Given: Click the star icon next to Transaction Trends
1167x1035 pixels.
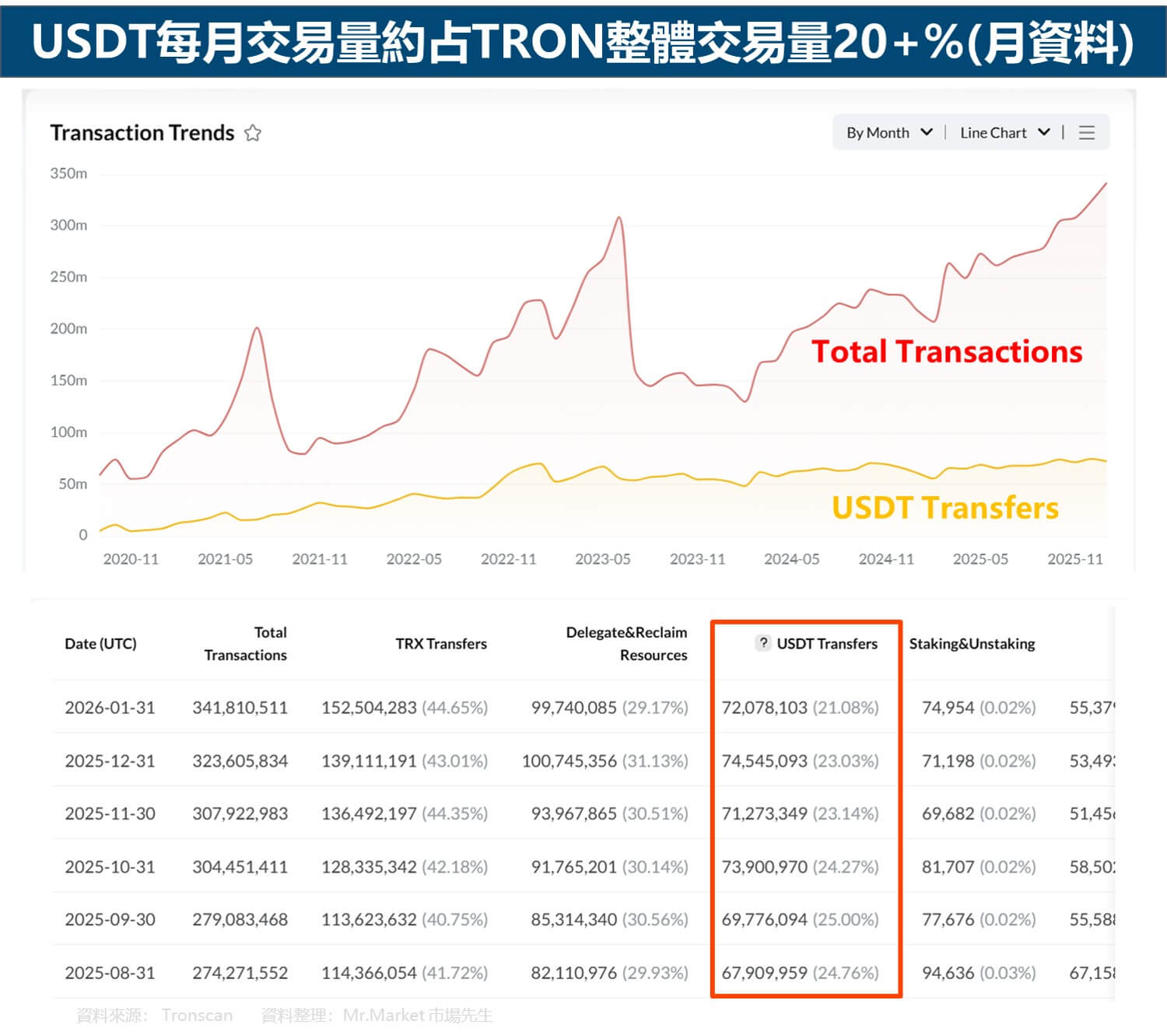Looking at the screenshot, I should coord(253,133).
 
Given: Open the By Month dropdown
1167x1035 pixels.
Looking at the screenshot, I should coord(888,133).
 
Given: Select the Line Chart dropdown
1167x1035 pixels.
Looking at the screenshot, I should coord(1004,133).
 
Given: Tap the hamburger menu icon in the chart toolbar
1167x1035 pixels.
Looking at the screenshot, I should coord(1087,133).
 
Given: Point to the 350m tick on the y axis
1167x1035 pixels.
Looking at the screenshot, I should coord(68,173).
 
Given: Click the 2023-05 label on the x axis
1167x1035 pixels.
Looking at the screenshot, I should coord(602,559).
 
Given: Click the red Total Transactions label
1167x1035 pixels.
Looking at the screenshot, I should coord(946,351).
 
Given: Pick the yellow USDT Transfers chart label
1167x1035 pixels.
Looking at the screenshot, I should coord(944,508).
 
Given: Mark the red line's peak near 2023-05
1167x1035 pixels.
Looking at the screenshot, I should coord(619,219).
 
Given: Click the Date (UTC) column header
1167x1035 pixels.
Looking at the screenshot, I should coord(100,644).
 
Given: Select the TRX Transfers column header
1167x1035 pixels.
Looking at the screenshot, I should coord(440,644).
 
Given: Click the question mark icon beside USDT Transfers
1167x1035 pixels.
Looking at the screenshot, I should coord(764,643).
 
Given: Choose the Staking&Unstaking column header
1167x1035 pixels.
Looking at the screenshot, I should coord(972,644).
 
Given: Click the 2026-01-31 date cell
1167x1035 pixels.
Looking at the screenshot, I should coord(110,708).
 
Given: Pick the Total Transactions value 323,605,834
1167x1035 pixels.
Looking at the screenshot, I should coord(240,761).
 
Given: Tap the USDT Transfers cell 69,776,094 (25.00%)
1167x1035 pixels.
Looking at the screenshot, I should coord(800,919).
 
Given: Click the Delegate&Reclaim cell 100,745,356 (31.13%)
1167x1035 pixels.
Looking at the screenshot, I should coord(605,761).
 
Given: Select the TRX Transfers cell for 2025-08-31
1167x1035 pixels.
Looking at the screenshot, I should coord(404,973).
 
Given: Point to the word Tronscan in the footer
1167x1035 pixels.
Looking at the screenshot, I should coord(197,1016).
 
